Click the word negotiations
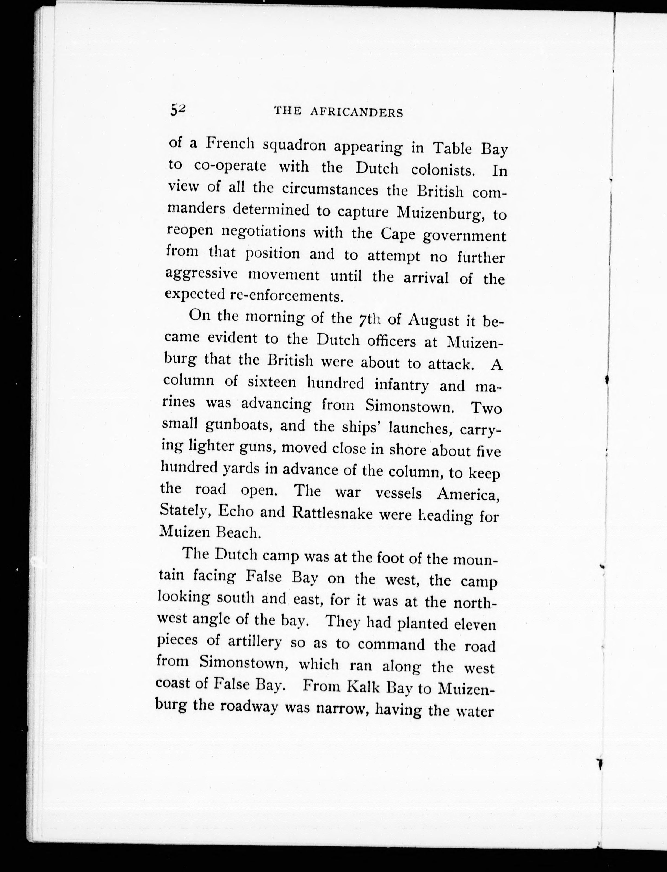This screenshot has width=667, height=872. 263,232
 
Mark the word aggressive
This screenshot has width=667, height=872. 201,274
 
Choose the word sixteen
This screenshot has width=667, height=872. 271,382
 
